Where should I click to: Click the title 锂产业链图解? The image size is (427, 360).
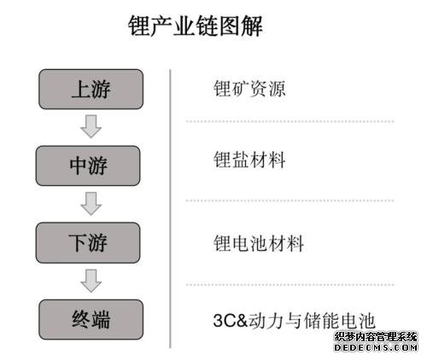pyautogui.click(x=195, y=26)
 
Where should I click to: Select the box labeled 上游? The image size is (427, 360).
pyautogui.click(x=91, y=89)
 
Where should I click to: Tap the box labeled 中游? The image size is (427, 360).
pyautogui.click(x=88, y=165)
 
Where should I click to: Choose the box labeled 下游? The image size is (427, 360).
pyautogui.click(x=88, y=242)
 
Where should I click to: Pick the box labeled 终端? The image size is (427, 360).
pyautogui.click(x=91, y=319)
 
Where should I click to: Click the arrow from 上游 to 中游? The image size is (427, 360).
pyautogui.click(x=91, y=126)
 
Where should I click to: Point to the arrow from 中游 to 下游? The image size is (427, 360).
pyautogui.click(x=91, y=204)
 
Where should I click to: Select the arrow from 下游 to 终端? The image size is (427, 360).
pyautogui.click(x=91, y=281)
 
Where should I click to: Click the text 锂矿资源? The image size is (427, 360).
pyautogui.click(x=249, y=89)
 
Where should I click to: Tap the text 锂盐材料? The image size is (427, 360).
pyautogui.click(x=249, y=160)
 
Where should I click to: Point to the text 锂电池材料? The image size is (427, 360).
pyautogui.click(x=259, y=243)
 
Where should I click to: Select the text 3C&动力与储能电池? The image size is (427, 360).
pyautogui.click(x=294, y=321)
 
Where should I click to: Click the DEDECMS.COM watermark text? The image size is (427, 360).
pyautogui.click(x=376, y=347)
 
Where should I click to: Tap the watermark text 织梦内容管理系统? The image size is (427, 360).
pyautogui.click(x=376, y=337)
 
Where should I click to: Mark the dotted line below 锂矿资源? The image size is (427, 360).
pyautogui.click(x=290, y=121)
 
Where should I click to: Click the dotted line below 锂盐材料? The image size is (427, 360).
pyautogui.click(x=290, y=200)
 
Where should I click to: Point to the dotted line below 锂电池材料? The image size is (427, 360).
pyautogui.click(x=290, y=284)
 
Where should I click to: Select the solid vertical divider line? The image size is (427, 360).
pyautogui.click(x=170, y=208)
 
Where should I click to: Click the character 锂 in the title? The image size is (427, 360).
pyautogui.click(x=139, y=26)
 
